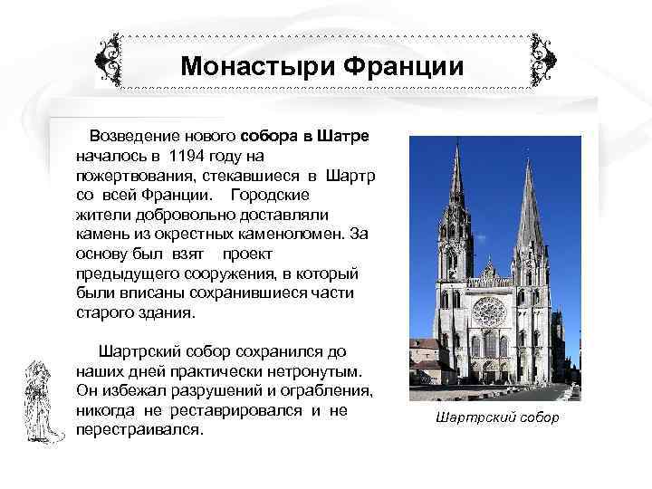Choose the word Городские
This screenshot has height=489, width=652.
click(270, 195)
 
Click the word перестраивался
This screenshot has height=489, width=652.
click(139, 430)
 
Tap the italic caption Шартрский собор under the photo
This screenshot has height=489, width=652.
click(497, 418)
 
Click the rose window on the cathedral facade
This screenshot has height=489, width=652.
click(489, 312)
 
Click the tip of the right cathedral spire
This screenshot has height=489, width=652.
click(528, 159)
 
